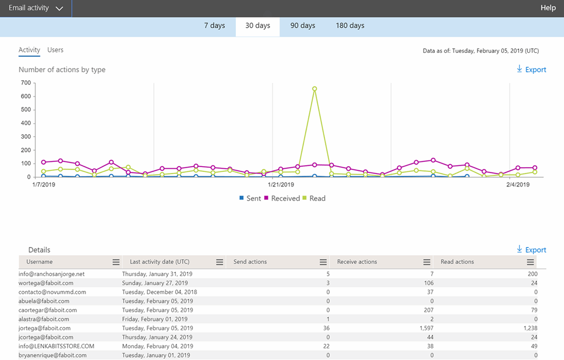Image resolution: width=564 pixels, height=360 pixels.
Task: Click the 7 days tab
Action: point(214,26)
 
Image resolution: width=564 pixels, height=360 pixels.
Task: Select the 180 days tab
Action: point(350,26)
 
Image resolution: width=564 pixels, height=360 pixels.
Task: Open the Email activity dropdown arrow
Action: point(59,8)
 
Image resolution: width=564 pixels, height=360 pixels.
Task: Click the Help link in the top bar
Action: point(548,8)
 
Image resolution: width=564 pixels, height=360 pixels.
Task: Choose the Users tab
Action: point(55,50)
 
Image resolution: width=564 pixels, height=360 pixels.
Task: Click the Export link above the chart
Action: point(532,70)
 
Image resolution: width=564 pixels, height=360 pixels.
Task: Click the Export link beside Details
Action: point(532,250)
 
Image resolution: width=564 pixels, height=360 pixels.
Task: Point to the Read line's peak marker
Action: point(314,89)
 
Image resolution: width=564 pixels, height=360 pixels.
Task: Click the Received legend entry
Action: point(281,199)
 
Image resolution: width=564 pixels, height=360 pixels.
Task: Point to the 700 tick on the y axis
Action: point(26,83)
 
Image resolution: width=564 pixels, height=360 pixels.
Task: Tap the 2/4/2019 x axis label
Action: point(518,184)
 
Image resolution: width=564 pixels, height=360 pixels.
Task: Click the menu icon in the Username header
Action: point(116,262)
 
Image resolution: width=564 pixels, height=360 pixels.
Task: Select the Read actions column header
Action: point(457,262)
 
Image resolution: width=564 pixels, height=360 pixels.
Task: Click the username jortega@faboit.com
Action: point(46,328)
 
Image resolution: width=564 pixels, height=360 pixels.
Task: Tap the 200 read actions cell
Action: point(532,274)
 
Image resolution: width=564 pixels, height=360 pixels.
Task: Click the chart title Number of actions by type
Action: point(62,70)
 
